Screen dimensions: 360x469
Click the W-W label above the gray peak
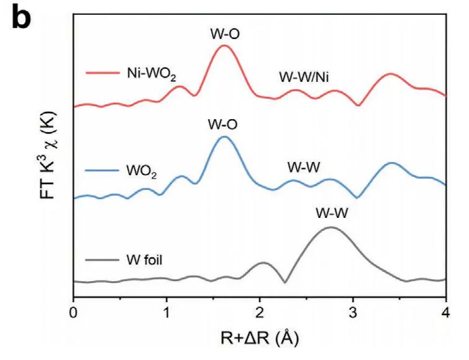pos(332,213)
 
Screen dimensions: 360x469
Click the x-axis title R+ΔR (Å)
pos(259,340)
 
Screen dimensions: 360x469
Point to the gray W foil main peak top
pos(331,227)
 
